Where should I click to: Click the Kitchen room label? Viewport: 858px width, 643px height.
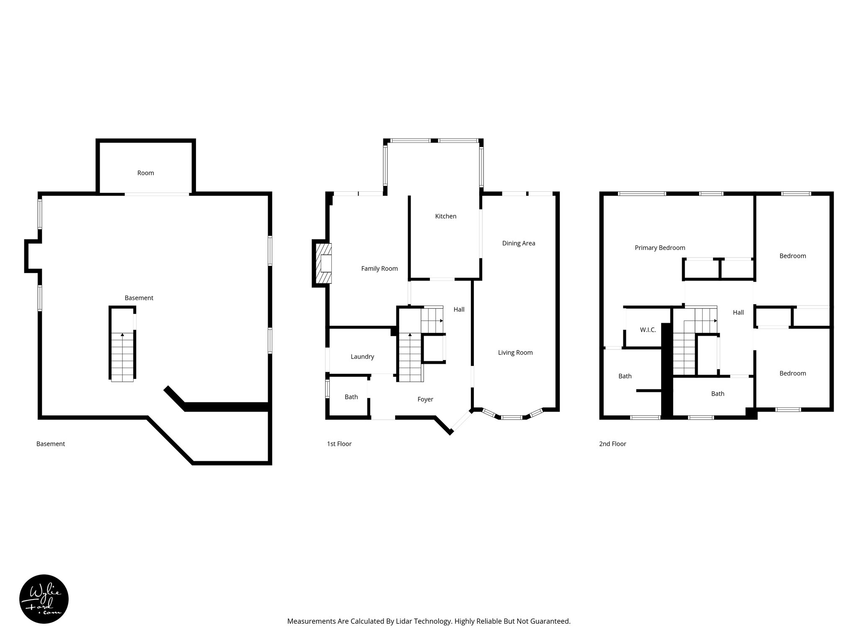[445, 216]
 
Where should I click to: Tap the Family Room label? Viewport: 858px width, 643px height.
[379, 268]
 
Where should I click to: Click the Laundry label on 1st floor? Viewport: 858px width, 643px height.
[362, 357]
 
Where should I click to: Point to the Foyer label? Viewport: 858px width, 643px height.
[425, 399]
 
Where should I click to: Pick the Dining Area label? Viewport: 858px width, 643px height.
[518, 243]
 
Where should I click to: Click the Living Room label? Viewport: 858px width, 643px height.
[515, 352]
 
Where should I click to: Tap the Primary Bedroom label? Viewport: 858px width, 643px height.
[659, 248]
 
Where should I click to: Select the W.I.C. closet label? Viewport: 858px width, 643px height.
[647, 330]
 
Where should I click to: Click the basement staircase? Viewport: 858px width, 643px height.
[122, 356]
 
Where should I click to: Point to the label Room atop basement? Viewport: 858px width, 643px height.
[145, 173]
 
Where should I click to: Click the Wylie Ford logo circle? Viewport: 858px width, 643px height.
[44, 599]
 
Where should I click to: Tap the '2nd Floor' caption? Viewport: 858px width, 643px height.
[612, 444]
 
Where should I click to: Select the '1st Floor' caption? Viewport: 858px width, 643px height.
[339, 444]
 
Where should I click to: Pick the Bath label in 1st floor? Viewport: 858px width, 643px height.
[351, 397]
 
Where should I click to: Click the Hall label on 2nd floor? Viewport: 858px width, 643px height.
[738, 312]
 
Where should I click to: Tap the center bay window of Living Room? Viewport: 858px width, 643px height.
[512, 417]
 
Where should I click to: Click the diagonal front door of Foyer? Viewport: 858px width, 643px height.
[461, 421]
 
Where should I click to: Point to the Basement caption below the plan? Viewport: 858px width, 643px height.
[50, 444]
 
